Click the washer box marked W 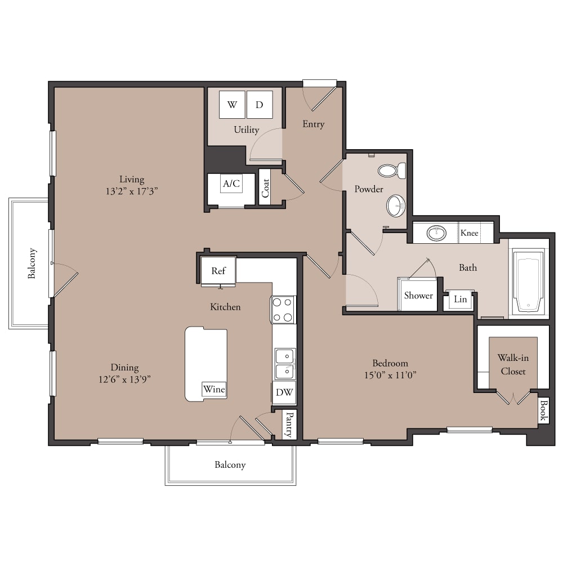(x=232, y=105)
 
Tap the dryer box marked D (x=260, y=105)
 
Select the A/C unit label (x=231, y=184)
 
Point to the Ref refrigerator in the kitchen (x=218, y=270)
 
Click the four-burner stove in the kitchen (x=283, y=310)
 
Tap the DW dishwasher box (x=284, y=392)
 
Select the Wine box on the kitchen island (x=215, y=389)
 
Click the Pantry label (x=289, y=425)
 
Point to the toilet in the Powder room (x=392, y=171)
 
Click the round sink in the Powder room (x=396, y=205)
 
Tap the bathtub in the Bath (x=528, y=282)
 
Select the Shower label (x=418, y=296)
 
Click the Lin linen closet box (x=461, y=299)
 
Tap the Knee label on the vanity (x=470, y=233)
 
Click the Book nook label (x=543, y=410)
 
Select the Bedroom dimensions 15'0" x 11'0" (x=390, y=375)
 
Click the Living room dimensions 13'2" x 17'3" (x=132, y=191)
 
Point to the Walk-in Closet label (x=513, y=364)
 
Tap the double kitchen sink (x=285, y=364)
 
